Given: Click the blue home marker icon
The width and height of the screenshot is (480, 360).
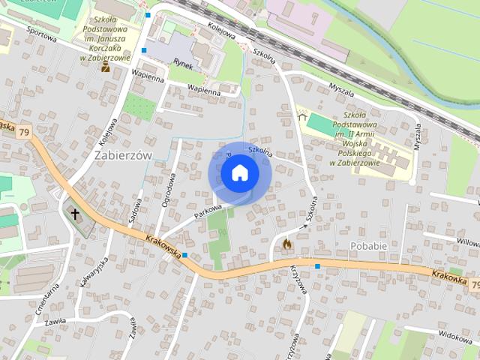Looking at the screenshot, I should pyautogui.click(x=239, y=173).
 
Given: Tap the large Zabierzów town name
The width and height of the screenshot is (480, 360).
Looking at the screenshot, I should pyautogui.click(x=124, y=154).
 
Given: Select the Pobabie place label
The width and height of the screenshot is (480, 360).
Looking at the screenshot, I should pyautogui.click(x=368, y=246).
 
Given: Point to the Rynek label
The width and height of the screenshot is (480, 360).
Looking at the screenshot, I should pyautogui.click(x=183, y=64).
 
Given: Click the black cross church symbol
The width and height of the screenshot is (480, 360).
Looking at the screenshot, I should pyautogui.click(x=75, y=214).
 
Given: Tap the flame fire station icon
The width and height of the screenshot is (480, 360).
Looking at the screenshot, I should pyautogui.click(x=286, y=244).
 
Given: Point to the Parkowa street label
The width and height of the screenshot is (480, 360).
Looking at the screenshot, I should pyautogui.click(x=208, y=213).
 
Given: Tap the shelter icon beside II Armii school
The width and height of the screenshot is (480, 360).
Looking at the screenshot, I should pyautogui.click(x=303, y=115).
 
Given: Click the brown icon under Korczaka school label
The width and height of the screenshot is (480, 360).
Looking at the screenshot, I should pyautogui.click(x=106, y=67).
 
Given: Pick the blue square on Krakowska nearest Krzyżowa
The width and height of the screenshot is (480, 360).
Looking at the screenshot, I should pyautogui.click(x=317, y=265).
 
